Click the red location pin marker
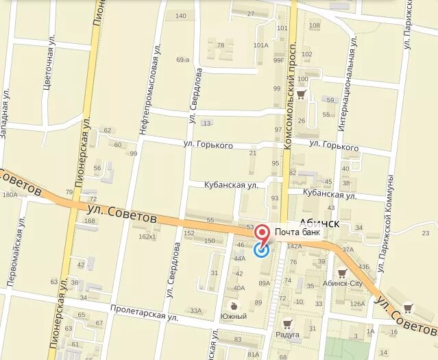click(x=262, y=233)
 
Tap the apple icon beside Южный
click(x=234, y=305)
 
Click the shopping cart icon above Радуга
click(x=287, y=323)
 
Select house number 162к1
click(x=147, y=237)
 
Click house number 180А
click(x=10, y=195)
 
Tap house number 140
click(x=181, y=16)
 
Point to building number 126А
click(x=357, y=304)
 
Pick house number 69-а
click(x=182, y=60)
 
